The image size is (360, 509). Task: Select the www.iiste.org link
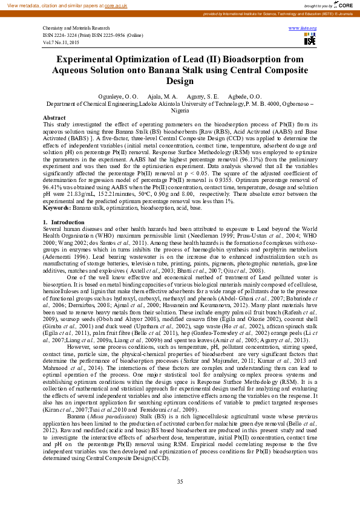pos(303,28)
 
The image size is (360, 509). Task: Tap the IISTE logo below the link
pos(310,40)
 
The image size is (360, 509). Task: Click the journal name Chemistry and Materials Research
pos(76,28)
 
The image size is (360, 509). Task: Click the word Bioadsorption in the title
pos(234,60)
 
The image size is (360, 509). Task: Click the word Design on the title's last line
pos(180,81)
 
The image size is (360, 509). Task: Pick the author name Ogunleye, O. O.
pos(114,97)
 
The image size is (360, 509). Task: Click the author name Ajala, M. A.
pos(162,97)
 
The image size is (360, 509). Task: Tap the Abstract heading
pos(54,117)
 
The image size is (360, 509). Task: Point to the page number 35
pos(180,481)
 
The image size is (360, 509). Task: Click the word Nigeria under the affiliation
pos(180,111)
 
